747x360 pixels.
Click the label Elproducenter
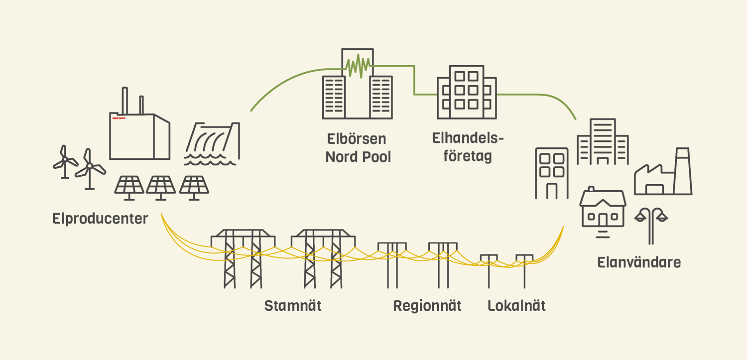point(100,219)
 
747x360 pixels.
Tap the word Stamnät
point(293,305)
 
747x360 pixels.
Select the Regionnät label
point(427,305)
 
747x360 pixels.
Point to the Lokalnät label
point(516,305)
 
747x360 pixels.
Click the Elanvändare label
point(639,262)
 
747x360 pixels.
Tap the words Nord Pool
point(358,157)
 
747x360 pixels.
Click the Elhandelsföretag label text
point(468,148)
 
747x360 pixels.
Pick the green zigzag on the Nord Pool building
point(358,67)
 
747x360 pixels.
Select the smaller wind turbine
point(64,161)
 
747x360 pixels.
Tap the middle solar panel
point(160,187)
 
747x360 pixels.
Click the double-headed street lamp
point(651,224)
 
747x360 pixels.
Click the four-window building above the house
point(551,173)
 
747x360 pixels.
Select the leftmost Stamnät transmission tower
point(243,258)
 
